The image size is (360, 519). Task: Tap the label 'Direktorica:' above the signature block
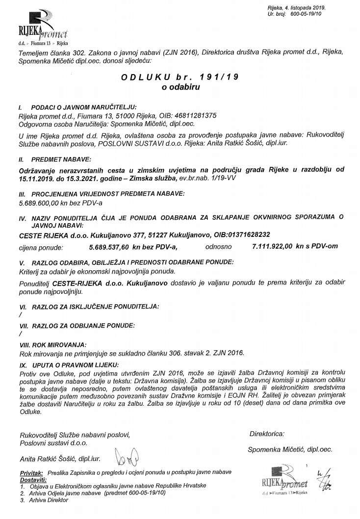click(x=266, y=434)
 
